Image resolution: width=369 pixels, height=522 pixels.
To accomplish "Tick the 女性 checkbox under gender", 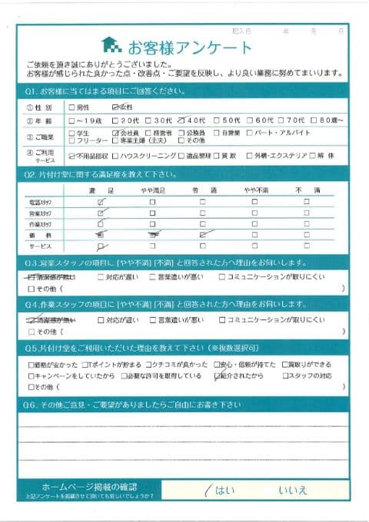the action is (115, 107).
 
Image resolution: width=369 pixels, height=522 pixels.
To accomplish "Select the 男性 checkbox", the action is (72, 107).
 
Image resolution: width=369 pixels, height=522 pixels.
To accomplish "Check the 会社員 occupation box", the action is (115, 132).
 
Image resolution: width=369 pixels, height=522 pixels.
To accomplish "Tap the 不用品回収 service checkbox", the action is (72, 154).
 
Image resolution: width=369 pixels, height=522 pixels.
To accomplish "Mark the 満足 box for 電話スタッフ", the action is (101, 201).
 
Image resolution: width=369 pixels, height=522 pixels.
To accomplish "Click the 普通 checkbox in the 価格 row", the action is (203, 235).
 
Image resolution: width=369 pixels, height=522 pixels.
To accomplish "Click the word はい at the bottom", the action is (223, 489).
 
